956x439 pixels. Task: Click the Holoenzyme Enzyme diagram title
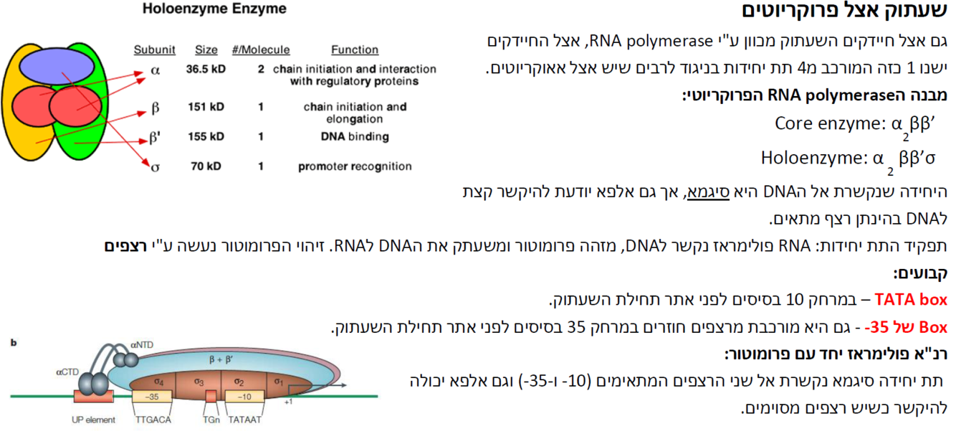(x=214, y=9)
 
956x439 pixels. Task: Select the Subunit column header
(x=155, y=50)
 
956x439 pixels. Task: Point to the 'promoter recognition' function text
(x=355, y=166)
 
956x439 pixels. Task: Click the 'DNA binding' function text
(x=355, y=136)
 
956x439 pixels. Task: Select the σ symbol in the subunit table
(x=155, y=167)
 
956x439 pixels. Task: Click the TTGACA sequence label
(x=152, y=420)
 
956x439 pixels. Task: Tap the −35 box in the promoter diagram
(x=151, y=396)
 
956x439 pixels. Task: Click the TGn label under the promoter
(x=211, y=420)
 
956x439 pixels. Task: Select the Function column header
(x=354, y=50)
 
